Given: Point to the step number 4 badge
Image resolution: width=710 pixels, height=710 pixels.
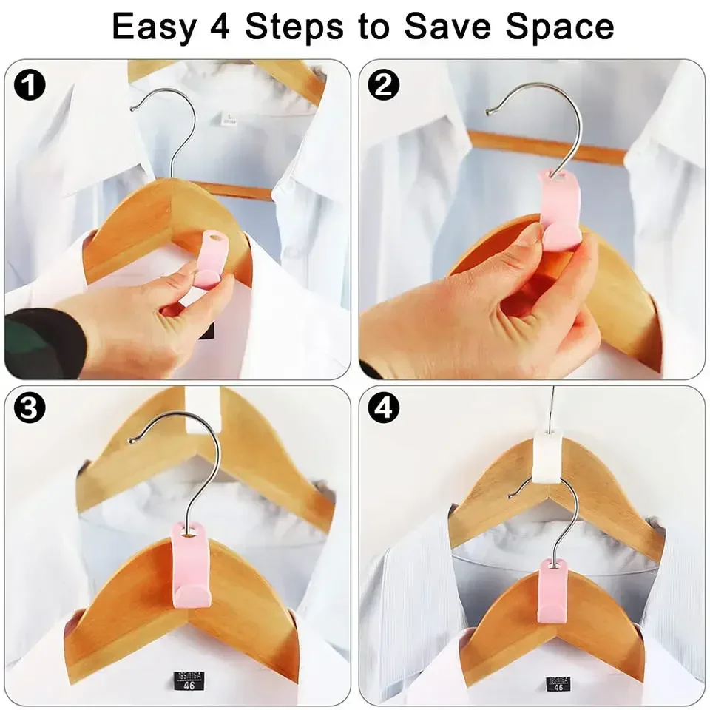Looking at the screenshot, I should [383, 410].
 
